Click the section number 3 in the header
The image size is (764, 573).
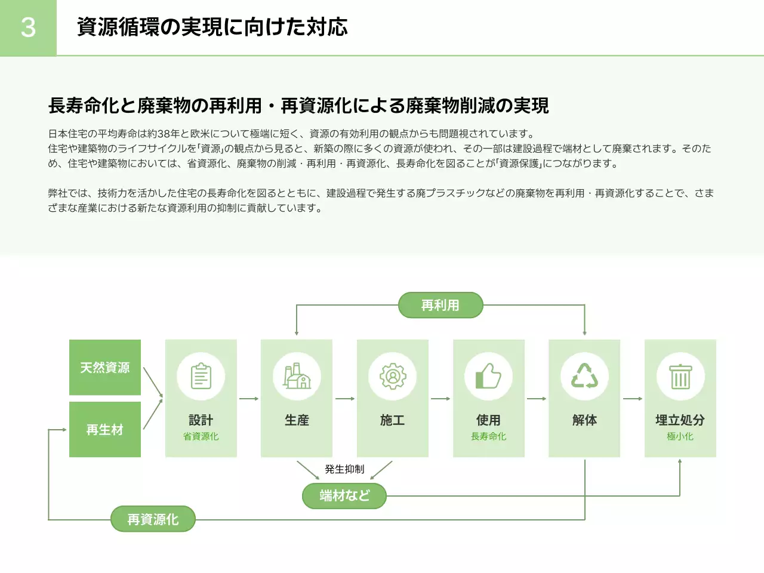pos(28,27)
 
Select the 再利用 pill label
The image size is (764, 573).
pos(440,305)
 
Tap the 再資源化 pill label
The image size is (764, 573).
pos(153,519)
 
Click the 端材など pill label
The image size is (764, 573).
pos(344,495)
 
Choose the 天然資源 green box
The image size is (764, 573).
pos(105,367)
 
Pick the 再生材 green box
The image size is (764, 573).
pos(105,429)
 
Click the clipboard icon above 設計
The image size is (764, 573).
pos(201,377)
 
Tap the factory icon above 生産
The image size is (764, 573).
pos(297,377)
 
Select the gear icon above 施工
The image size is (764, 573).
pos(393,377)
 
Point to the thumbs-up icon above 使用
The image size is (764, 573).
pos(488,377)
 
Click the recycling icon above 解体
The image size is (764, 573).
pos(584,377)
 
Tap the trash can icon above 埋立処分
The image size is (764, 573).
pos(680,377)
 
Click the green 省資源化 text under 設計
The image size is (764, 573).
pos(201,436)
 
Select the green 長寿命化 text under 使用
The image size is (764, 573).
pos(488,436)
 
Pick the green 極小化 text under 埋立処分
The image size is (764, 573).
pos(680,436)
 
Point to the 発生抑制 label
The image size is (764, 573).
pos(344,469)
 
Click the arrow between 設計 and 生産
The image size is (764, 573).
pos(249,399)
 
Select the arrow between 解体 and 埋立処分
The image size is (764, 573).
pos(633,399)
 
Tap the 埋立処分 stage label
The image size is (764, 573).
pos(680,420)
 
